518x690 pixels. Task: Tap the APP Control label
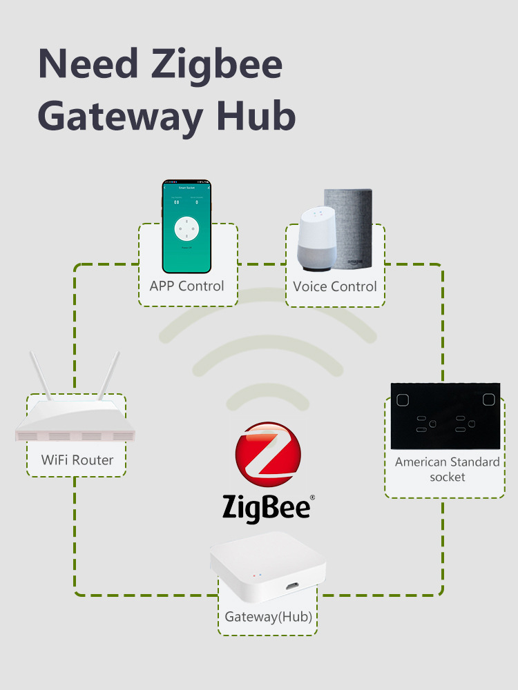186,286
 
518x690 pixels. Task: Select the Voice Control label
335,286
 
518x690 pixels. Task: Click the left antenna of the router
39,376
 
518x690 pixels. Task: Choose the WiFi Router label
77,460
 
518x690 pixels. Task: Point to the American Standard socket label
447,469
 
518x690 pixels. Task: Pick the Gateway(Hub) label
268,616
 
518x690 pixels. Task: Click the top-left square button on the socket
403,399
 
